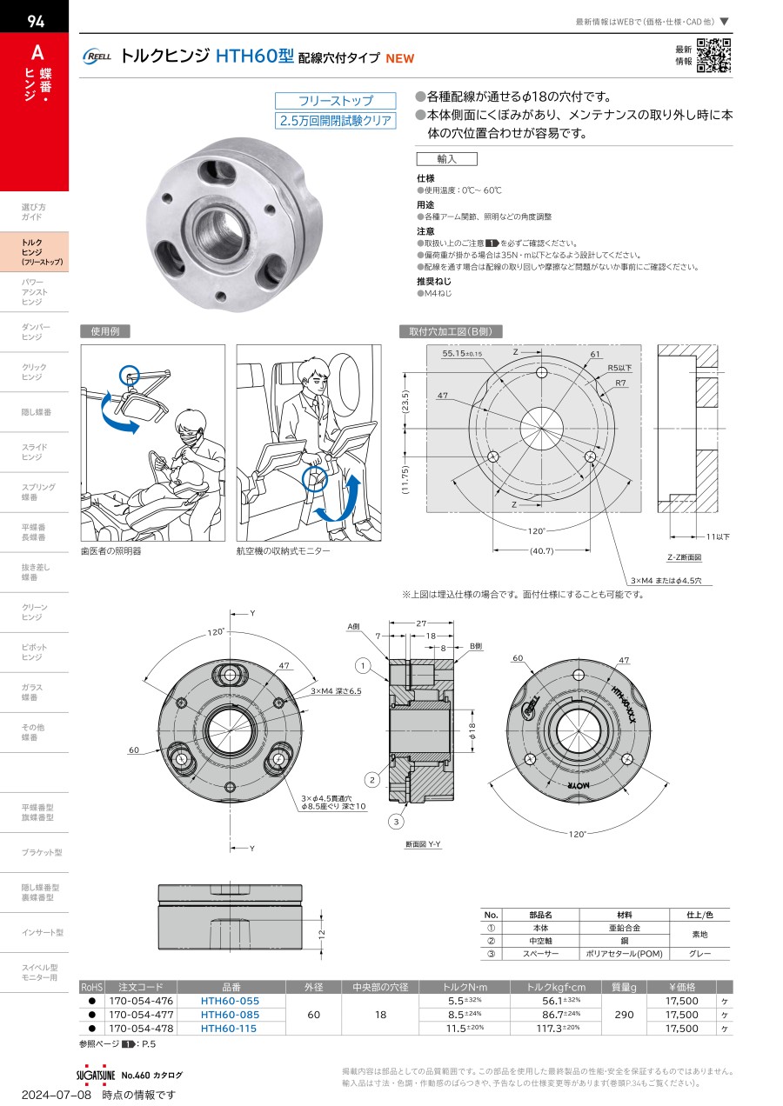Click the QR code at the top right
coord(714,55)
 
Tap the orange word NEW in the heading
coord(400,58)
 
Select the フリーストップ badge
coord(336,101)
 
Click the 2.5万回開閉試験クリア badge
coord(336,121)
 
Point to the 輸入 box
coord(446,159)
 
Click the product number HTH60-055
coord(230,1001)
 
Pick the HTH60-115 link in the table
coord(230,1028)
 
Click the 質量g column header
coord(625,987)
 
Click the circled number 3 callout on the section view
coord(395,822)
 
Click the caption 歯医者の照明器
coord(110,550)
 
